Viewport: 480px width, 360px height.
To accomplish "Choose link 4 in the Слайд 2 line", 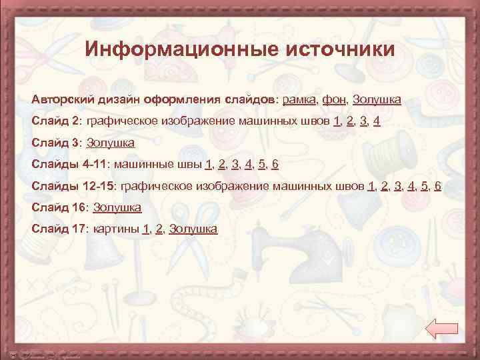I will pos(377,121).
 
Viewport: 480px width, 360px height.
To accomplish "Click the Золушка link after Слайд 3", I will pos(111,143).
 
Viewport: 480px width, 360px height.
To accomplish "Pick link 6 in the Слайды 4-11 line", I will pos(275,164).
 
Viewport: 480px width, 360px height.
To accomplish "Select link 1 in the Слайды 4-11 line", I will pos(209,164).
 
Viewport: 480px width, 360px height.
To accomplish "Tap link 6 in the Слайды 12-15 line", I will pos(437,186).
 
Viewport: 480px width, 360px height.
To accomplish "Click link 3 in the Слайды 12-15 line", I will pos(398,186).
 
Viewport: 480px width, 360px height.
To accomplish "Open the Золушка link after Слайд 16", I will pos(117,207).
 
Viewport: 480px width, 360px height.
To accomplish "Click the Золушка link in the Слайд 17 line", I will pos(193,229).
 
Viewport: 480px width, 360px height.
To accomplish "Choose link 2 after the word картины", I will pos(158,229).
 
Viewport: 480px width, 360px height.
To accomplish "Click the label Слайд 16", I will pos(59,207).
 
